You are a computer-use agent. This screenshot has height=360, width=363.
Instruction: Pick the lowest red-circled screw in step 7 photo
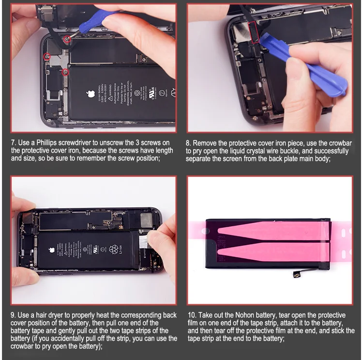tap(66, 73)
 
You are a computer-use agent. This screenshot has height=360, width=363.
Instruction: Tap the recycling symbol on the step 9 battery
tap(114, 250)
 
